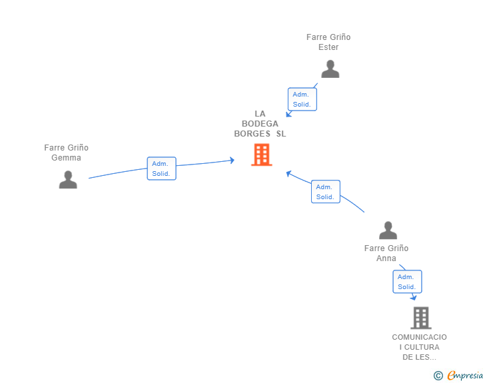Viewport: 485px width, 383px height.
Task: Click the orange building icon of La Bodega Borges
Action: click(262, 155)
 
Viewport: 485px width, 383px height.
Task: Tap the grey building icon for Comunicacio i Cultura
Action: click(421, 318)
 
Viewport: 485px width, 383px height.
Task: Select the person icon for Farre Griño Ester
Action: click(330, 69)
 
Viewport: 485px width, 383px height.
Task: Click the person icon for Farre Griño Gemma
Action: click(68, 179)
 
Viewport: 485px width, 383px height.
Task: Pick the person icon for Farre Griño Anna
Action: click(388, 230)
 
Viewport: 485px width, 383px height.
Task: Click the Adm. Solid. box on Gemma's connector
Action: click(161, 169)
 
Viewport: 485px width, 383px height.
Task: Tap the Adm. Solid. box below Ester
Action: click(302, 99)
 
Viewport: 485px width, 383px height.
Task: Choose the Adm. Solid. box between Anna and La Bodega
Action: click(326, 192)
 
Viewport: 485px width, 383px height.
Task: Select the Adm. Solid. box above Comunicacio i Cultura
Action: click(407, 282)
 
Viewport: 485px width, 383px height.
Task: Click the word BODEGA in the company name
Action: click(260, 124)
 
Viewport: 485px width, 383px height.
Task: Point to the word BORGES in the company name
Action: click(252, 134)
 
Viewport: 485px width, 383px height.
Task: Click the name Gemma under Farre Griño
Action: click(66, 158)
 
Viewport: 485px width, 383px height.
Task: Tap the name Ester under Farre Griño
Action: click(328, 47)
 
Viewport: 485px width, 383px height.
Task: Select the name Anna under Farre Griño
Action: click(386, 258)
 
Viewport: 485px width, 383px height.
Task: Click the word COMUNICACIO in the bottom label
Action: click(420, 337)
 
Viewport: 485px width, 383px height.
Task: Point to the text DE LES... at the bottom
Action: click(420, 357)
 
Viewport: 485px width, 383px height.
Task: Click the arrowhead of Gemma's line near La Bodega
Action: click(232, 161)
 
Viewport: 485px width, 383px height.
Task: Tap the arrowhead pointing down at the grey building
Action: click(414, 298)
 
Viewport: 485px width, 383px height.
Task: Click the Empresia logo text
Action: click(465, 375)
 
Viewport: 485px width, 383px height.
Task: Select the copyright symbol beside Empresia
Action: click(438, 376)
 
